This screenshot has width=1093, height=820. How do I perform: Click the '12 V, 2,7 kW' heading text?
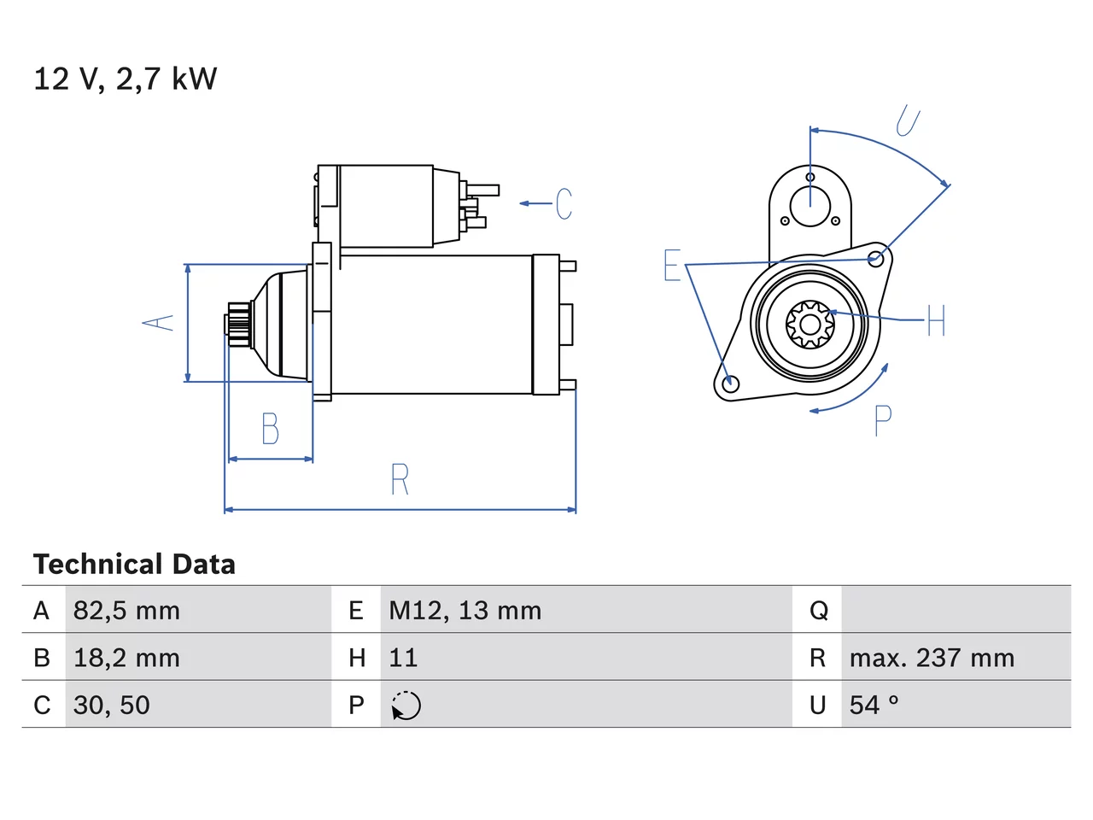coord(125,79)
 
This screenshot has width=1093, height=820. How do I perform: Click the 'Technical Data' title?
coord(134,565)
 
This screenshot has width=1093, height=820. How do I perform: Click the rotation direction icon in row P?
coord(406,706)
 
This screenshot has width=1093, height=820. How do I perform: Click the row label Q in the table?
coord(819,611)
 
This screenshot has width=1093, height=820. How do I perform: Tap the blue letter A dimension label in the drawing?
coord(158,323)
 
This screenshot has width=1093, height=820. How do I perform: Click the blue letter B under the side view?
coord(271,428)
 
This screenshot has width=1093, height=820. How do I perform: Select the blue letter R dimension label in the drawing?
coord(400,479)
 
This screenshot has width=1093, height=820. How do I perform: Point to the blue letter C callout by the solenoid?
coord(564,203)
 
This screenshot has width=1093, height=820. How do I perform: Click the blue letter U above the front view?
coord(908,120)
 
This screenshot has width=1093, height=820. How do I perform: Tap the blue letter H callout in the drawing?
coord(936,320)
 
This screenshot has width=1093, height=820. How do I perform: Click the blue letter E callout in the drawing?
coord(672,265)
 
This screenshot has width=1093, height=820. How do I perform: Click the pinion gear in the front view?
coord(810,325)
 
